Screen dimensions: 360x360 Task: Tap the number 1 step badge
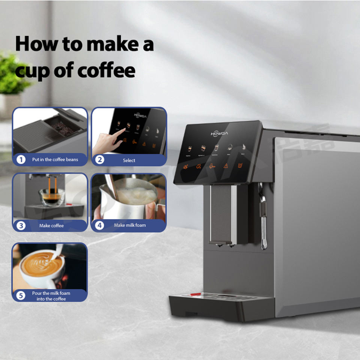tap(21, 160)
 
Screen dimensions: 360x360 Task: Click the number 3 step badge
tap(21, 226)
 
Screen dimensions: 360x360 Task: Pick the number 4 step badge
tap(99, 225)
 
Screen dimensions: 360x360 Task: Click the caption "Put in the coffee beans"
tap(55, 160)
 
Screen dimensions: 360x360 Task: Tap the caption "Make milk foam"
tap(130, 225)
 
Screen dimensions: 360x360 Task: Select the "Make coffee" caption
tap(51, 226)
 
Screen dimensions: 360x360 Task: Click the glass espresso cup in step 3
tap(51, 197)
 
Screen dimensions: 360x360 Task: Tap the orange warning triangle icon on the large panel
tap(226, 165)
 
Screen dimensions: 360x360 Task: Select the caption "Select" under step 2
tap(129, 160)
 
